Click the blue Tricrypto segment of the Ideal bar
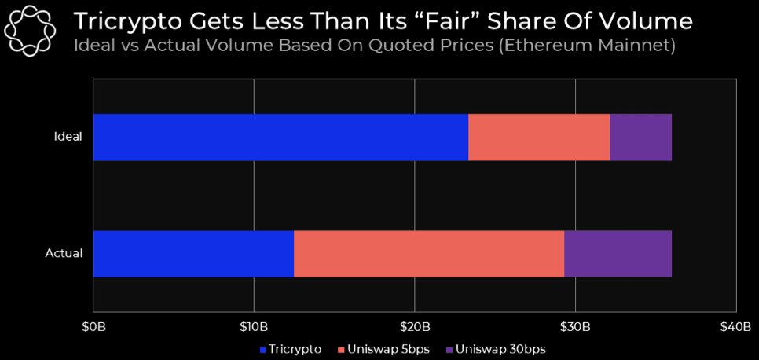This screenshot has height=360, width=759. point(280,138)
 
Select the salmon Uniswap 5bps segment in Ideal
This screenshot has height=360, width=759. point(539,138)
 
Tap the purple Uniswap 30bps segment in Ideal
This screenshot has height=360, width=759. point(640,138)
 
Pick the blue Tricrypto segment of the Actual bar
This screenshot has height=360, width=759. point(193,254)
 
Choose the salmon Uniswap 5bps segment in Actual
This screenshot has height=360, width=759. point(429,254)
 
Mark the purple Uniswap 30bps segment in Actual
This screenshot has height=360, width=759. point(618,254)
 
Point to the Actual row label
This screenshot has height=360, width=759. point(65,254)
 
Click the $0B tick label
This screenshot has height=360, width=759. point(93,326)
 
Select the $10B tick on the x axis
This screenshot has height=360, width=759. point(254,326)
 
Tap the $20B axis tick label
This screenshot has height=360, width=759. point(415,326)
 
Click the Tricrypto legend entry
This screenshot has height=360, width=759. point(291,349)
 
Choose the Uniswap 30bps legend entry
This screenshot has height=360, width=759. point(495,349)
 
